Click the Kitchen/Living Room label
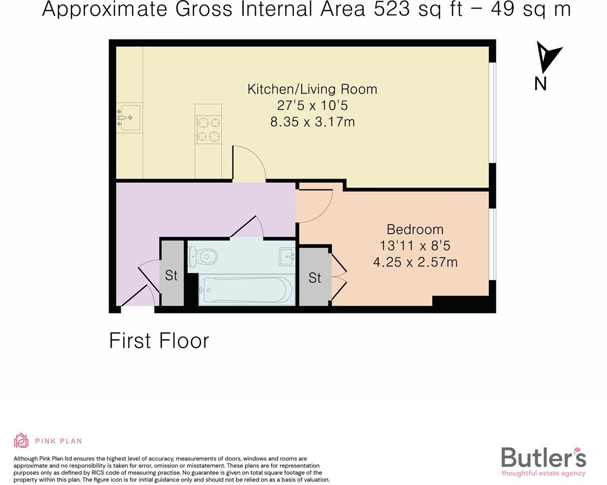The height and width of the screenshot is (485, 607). (312, 89)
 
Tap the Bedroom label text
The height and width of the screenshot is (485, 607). (415, 230)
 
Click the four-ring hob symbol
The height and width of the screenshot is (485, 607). (208, 129)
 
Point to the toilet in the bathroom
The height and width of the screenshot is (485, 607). (202, 256)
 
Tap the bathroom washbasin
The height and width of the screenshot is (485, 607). (287, 256)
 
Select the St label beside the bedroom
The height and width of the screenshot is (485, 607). (315, 278)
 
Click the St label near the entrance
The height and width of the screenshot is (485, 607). (171, 275)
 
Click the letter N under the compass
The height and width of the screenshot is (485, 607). (541, 83)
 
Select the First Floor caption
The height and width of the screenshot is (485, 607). (159, 340)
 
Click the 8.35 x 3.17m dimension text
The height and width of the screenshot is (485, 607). (312, 122)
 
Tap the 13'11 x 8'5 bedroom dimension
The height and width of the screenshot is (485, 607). (415, 246)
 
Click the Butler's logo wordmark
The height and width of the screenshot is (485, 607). (543, 458)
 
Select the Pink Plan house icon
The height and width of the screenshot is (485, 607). (21, 441)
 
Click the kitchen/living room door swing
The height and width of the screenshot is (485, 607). (250, 162)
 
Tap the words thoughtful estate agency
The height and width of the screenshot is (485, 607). (543, 473)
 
